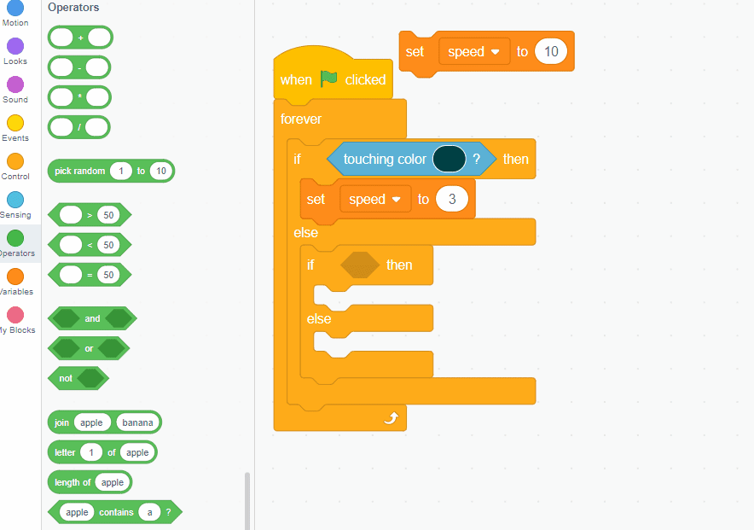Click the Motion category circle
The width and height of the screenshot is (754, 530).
[x=15, y=8]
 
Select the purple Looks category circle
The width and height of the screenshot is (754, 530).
[x=15, y=46]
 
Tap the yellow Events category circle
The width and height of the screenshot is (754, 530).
[x=15, y=123]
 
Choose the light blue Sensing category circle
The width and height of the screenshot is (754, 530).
[x=15, y=200]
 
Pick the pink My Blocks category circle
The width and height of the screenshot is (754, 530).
[x=15, y=315]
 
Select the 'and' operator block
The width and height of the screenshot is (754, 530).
[x=92, y=318]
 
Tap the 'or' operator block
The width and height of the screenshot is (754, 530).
[x=89, y=348]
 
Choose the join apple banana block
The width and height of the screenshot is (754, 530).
[x=62, y=422]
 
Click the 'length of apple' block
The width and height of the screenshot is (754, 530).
[x=72, y=482]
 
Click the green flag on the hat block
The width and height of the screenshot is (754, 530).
[x=329, y=79]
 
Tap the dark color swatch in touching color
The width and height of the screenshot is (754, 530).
[x=449, y=159]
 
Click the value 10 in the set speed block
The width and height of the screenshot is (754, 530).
[x=551, y=52]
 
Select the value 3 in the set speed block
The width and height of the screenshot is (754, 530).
[x=452, y=199]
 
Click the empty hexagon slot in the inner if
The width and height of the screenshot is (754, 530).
[x=360, y=265]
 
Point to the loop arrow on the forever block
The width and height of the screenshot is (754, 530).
[x=391, y=417]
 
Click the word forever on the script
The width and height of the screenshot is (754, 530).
[x=301, y=119]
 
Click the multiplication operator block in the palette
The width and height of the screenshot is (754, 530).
[x=80, y=96]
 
